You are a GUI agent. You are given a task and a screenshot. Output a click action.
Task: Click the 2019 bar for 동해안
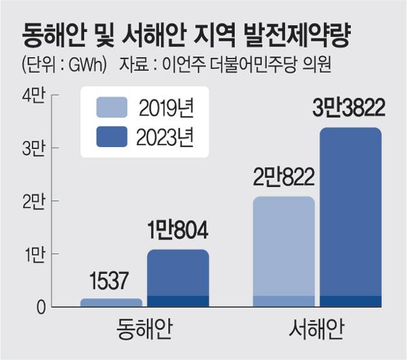(111, 302)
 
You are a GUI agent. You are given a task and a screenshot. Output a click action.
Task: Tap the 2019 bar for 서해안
(283, 251)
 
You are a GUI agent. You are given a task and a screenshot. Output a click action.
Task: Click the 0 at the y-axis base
(39, 307)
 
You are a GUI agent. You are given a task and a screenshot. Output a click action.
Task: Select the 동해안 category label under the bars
(145, 330)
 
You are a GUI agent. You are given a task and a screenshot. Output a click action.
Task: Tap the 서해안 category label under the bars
(318, 330)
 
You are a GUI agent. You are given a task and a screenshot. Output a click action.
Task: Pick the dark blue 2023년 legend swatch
(112, 136)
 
